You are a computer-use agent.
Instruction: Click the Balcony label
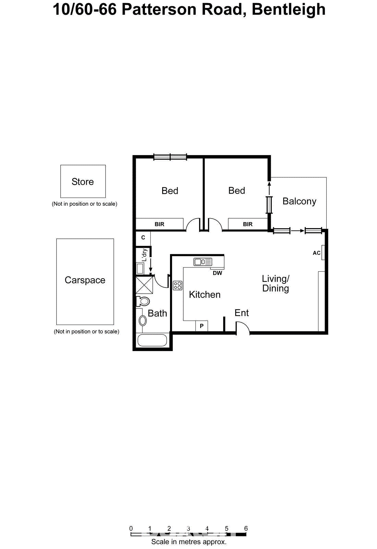point(299,201)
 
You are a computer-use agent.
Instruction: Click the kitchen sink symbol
point(203,262)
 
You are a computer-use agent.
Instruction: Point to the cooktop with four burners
point(178,285)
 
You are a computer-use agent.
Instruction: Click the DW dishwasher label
point(217,273)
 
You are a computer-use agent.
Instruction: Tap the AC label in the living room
point(316,253)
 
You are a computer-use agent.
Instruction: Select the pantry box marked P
point(202,326)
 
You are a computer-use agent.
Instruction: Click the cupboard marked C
point(143,237)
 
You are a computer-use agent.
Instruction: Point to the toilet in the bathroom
point(143,301)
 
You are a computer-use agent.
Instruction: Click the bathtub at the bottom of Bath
point(152,340)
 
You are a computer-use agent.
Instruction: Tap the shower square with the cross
point(144,284)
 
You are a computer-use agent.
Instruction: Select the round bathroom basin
point(143,320)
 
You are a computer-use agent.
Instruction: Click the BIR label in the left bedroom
point(159,224)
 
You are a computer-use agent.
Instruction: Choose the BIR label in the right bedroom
point(247,224)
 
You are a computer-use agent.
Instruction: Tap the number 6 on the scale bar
point(246,528)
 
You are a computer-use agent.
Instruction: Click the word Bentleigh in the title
point(289,9)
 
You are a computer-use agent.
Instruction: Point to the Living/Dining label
point(276,283)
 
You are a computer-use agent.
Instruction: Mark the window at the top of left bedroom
point(170,157)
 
